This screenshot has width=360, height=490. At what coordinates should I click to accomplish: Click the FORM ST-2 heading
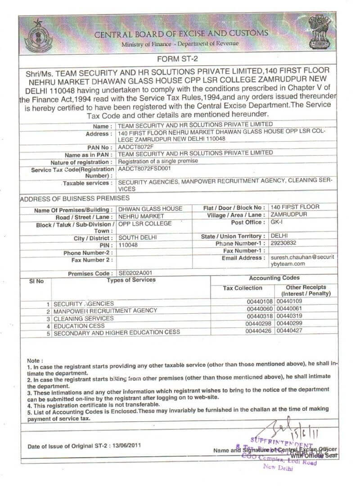coord(179,59)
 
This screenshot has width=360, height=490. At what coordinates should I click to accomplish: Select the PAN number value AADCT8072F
coord(135,147)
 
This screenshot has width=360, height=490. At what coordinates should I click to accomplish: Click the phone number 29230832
coord(284,244)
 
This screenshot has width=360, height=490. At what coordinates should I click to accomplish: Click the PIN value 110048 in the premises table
coord(128,245)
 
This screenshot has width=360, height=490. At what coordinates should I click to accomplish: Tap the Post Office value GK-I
coord(277,223)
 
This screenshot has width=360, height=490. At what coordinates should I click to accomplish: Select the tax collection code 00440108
coord(260,302)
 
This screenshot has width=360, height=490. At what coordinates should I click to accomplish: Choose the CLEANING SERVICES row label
coord(84,318)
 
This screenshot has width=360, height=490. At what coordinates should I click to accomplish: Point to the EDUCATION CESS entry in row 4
coord(79,325)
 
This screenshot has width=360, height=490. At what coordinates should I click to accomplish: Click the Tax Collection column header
coord(243,288)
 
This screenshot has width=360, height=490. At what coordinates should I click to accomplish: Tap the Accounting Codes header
coord(274,278)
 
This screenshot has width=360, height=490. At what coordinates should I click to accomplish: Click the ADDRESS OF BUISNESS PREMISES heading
coord(75,198)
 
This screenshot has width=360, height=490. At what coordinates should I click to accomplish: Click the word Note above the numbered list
coord(35,361)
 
